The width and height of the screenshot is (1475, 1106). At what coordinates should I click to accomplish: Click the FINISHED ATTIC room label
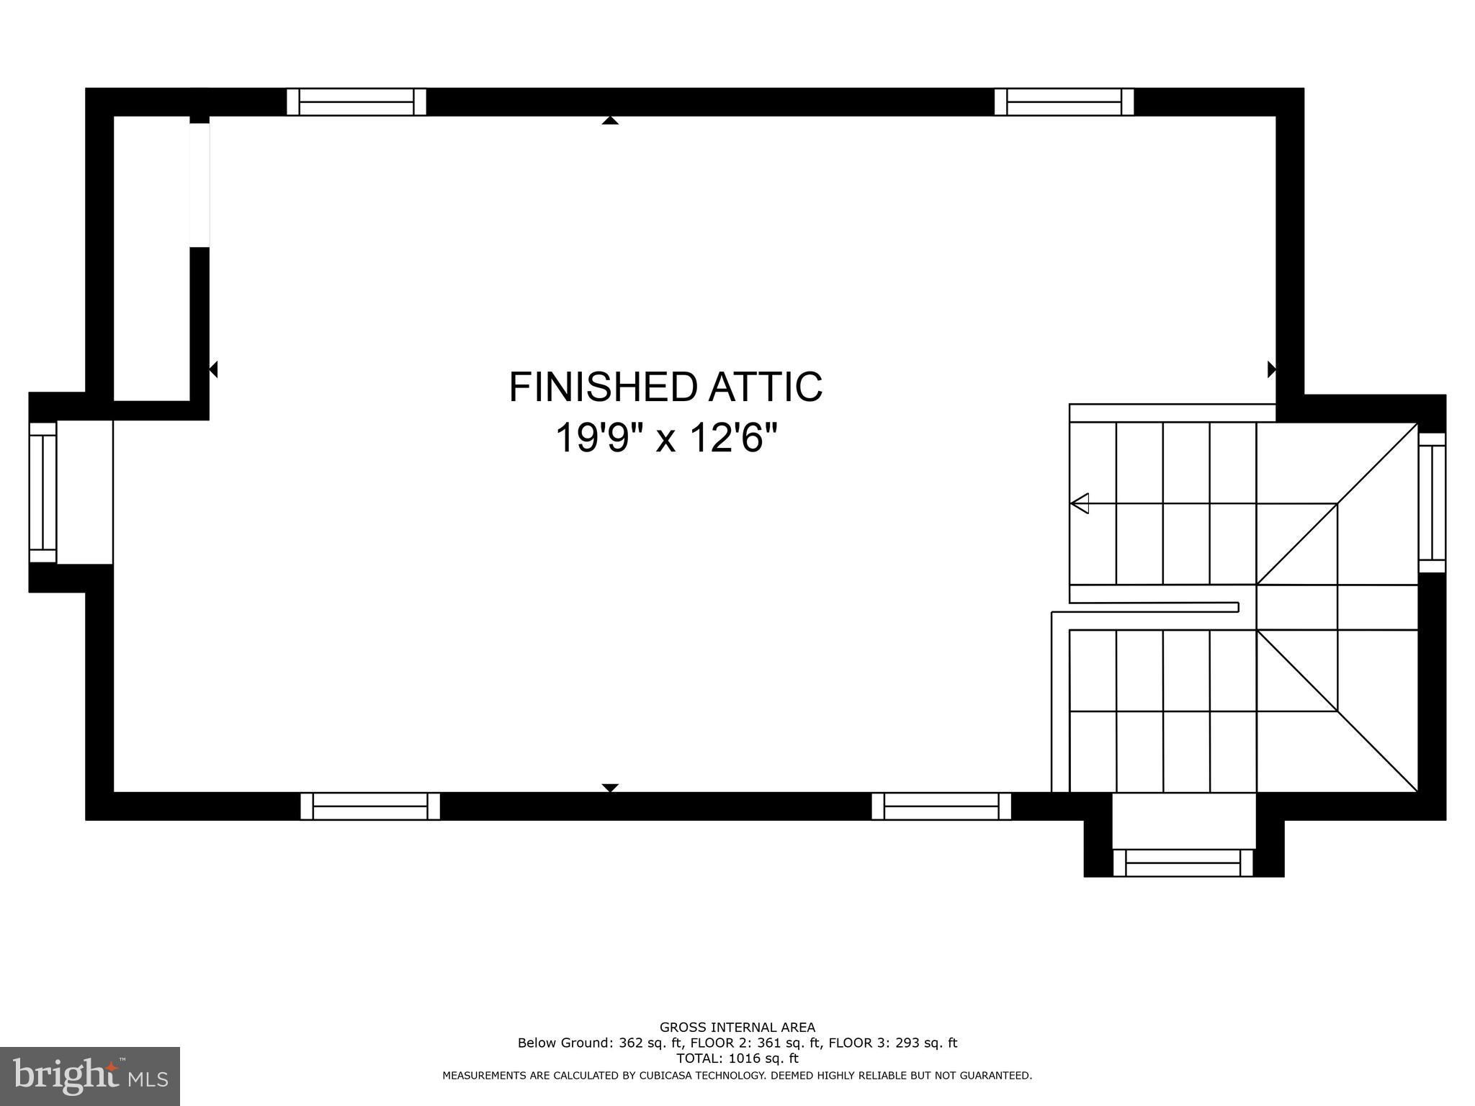tap(665, 387)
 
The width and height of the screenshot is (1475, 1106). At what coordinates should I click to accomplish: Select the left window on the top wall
tap(357, 102)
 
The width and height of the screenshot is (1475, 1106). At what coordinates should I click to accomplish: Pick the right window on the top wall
tap(1064, 102)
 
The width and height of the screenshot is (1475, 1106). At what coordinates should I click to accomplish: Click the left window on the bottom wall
tap(370, 806)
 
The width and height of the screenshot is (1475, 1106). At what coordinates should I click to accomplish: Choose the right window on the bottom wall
tap(941, 806)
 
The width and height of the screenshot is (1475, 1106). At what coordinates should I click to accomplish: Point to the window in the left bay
tap(42, 493)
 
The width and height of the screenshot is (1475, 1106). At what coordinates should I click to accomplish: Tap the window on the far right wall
tap(1432, 503)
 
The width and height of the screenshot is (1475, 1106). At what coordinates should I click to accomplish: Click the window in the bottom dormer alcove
tap(1183, 863)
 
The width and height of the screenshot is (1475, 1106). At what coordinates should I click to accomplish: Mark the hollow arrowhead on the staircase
tap(1079, 503)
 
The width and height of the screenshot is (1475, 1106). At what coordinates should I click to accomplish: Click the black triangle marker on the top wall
tap(610, 120)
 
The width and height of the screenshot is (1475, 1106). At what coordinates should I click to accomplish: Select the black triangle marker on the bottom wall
tap(610, 788)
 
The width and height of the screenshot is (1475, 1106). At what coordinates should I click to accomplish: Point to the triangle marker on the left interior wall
tap(213, 369)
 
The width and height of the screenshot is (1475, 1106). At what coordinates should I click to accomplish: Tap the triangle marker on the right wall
tap(1272, 369)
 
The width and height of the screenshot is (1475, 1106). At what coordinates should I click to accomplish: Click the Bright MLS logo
tap(90, 1076)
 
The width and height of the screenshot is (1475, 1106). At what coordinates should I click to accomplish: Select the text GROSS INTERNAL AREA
tap(737, 1028)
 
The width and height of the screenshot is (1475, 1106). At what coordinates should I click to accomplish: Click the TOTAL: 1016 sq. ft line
tap(737, 1058)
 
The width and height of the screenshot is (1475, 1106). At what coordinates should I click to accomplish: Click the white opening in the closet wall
tap(199, 185)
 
